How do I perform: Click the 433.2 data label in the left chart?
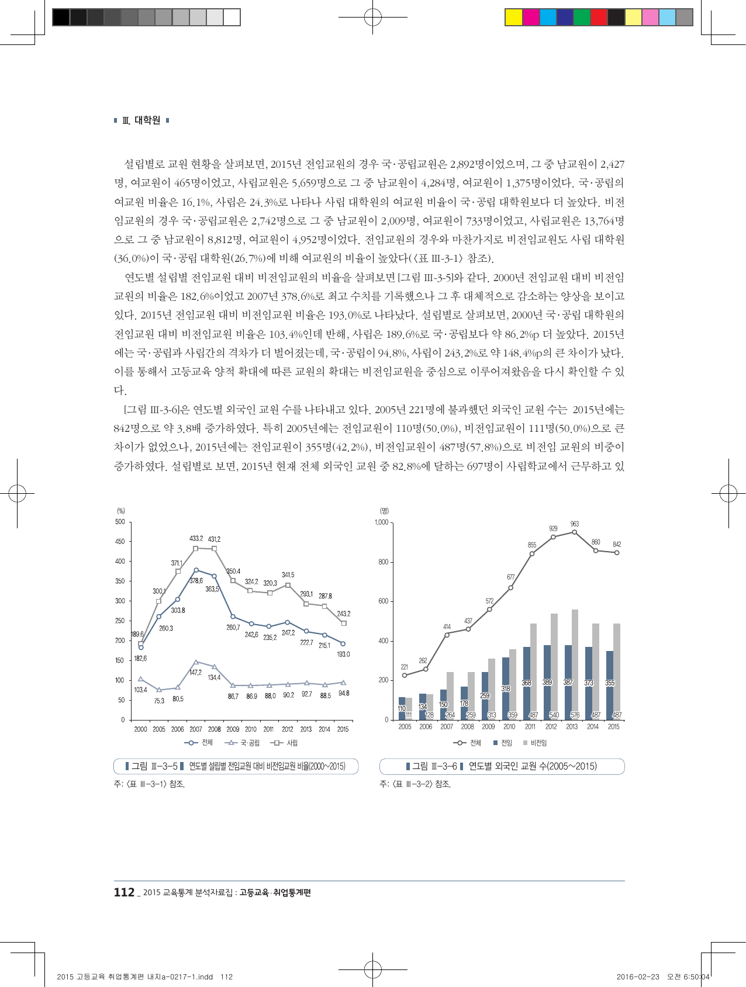pyautogui.click(x=196, y=538)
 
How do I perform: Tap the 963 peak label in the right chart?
pyautogui.click(x=574, y=524)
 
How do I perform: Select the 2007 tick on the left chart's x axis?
pyautogui.click(x=196, y=729)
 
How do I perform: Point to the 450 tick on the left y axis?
pyautogui.click(x=120, y=542)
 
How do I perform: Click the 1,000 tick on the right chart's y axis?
pyautogui.click(x=381, y=522)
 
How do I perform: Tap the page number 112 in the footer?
pyautogui.click(x=124, y=892)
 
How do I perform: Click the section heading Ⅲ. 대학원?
pyautogui.click(x=141, y=120)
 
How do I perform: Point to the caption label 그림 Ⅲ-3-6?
pyautogui.click(x=434, y=766)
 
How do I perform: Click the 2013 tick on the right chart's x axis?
pyautogui.click(x=572, y=727)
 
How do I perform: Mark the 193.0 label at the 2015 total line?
pyautogui.click(x=343, y=654)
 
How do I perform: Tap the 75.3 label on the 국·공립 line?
pyautogui.click(x=159, y=701)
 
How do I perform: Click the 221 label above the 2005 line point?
pyautogui.click(x=404, y=667)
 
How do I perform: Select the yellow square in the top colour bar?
pyautogui.click(x=513, y=18)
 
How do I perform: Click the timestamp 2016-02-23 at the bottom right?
pyautogui.click(x=638, y=976)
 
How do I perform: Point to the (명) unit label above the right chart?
pyautogui.click(x=384, y=511)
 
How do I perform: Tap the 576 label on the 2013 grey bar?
pyautogui.click(x=575, y=715)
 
